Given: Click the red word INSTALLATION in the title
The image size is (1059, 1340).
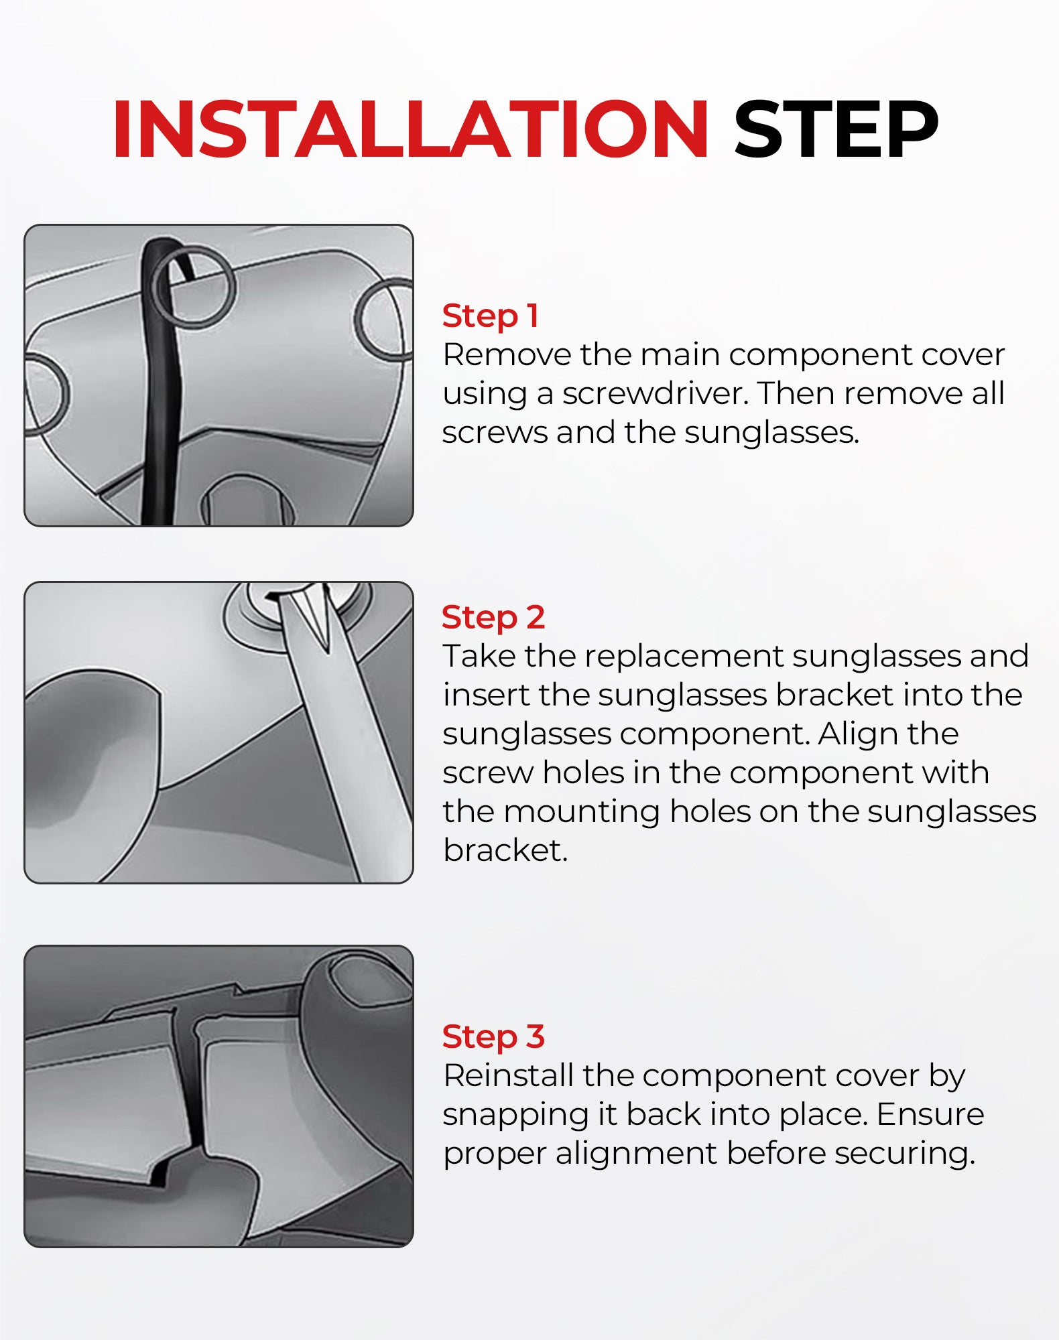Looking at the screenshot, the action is [411, 129].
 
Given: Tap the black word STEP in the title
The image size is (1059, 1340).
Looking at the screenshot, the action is [836, 129].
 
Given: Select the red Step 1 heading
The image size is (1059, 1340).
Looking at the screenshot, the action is [491, 316].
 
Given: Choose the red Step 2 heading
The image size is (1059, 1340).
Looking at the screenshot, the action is [493, 618].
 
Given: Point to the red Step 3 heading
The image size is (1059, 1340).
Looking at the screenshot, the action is [493, 1036].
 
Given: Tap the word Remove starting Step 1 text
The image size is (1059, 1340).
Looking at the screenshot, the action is [507, 354].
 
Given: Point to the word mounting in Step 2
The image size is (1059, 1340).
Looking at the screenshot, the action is [582, 812].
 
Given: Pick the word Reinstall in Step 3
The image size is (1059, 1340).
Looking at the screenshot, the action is [509, 1075].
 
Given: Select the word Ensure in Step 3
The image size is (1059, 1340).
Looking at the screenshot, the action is [930, 1114].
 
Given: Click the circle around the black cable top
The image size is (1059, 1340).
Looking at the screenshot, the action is [193, 286].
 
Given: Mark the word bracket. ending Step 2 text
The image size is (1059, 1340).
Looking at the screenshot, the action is [505, 850].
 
